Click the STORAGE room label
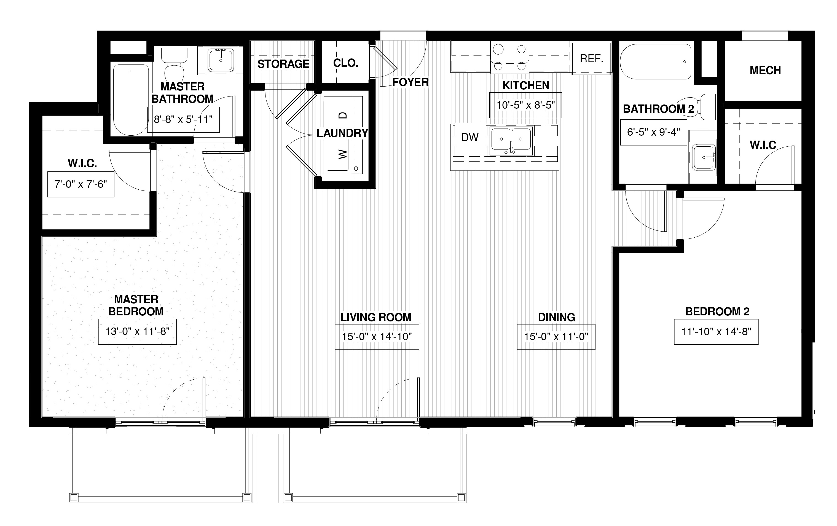pos(283,64)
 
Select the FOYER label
pos(411,82)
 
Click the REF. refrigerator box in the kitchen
pos(591,58)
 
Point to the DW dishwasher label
pos(470,137)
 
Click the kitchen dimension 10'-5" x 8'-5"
pos(525,105)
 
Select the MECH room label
pos(765,70)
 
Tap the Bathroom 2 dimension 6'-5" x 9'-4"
pos(653,132)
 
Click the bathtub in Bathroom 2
pos(656,61)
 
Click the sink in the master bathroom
pos(221,60)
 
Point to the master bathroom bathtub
pos(131,100)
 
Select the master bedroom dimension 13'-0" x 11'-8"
pos(137,331)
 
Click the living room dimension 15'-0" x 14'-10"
pos(377,337)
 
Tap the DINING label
pos(557,317)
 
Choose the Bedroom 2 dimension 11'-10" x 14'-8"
pos(716,331)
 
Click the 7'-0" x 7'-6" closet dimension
pos(81,184)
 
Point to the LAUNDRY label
pos(342,133)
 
